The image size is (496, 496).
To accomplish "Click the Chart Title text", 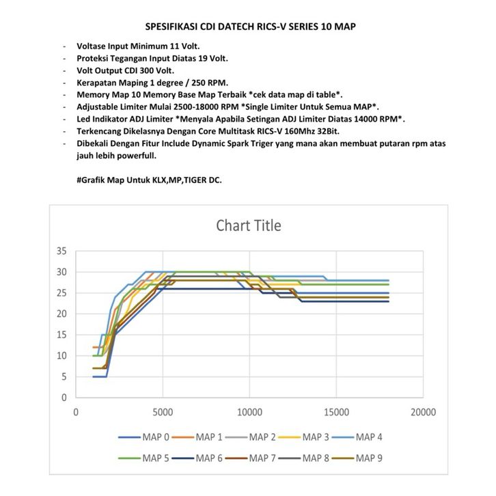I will click(x=248, y=225).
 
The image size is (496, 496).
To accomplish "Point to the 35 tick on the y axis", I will click(x=61, y=251).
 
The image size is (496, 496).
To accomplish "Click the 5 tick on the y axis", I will click(x=64, y=376).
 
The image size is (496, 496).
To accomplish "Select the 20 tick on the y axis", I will click(x=61, y=314).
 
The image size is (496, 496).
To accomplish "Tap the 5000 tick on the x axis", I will click(x=163, y=413).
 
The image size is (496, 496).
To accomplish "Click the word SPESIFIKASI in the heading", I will click(x=171, y=27).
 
